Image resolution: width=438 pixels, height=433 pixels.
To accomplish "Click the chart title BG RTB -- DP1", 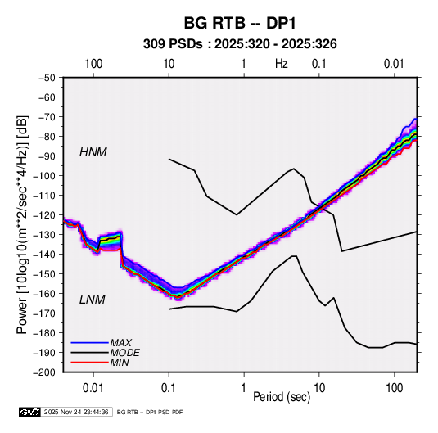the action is tap(240, 23).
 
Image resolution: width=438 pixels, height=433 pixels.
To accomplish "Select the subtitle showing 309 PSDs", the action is tap(240, 44).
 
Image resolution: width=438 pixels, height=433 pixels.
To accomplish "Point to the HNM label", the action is tap(93, 152).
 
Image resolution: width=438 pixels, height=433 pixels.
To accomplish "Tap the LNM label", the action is tap(93, 300).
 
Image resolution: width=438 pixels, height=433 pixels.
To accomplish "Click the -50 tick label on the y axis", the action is tap(47, 78).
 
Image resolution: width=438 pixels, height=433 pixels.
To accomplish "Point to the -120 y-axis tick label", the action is tap(44, 215).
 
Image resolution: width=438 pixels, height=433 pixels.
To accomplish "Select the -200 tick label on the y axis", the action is tap(44, 372).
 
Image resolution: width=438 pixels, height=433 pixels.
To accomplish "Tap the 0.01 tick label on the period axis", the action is tap(93, 388).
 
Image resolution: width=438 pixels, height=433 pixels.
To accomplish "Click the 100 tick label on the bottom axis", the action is tap(394, 388).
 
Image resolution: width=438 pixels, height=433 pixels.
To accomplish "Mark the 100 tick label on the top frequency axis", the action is tap(93, 64).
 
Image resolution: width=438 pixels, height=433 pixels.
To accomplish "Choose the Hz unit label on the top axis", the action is tap(282, 64).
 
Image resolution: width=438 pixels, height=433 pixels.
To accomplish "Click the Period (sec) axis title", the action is tap(282, 397).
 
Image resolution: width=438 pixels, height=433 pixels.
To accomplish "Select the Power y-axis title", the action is tap(22, 224).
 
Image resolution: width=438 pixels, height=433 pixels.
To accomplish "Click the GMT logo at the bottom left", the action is tap(30, 412).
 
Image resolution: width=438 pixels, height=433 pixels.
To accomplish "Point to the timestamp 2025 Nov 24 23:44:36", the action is tap(76, 412).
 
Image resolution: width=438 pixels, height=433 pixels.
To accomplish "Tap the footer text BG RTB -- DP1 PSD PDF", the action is tap(150, 412).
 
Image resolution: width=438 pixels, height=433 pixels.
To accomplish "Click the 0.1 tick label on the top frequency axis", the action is tap(319, 64).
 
